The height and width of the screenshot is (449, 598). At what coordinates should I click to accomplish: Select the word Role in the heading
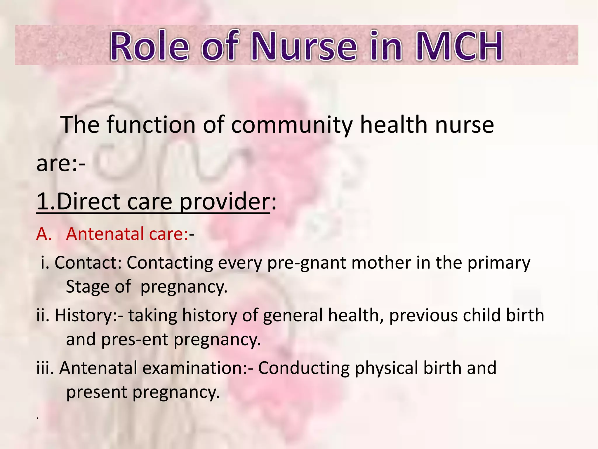(x=149, y=46)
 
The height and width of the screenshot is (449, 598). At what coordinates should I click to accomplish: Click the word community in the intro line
(x=292, y=125)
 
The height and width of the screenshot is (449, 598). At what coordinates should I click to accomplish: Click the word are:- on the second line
(x=61, y=164)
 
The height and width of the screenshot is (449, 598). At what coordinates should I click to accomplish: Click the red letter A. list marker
(x=44, y=234)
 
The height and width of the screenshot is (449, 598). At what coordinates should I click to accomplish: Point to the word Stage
(x=87, y=287)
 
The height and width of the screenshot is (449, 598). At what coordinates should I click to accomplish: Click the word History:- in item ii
(x=89, y=316)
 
